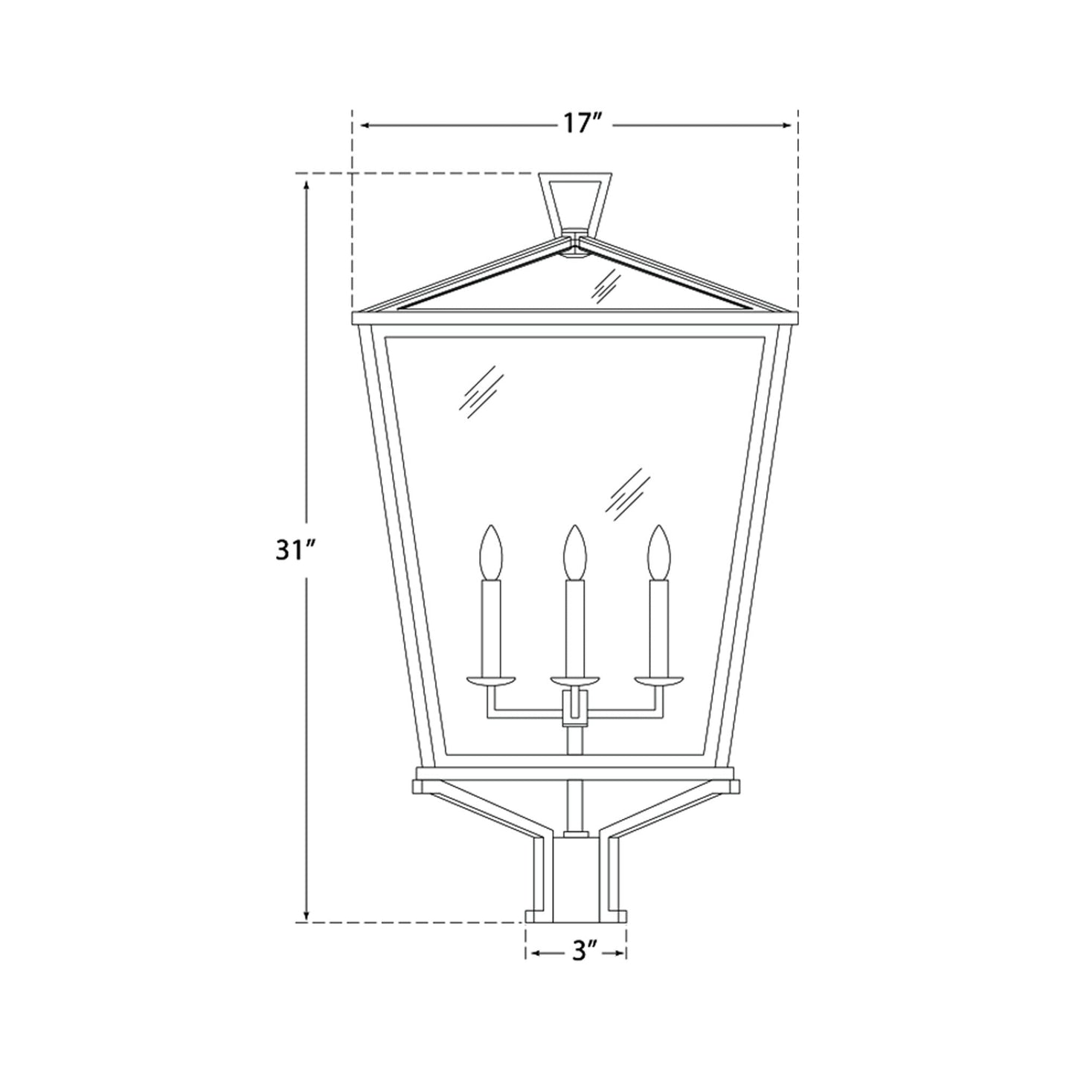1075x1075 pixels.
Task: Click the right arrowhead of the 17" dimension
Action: coord(789,126)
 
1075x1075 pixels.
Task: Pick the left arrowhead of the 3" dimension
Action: coord(531,952)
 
